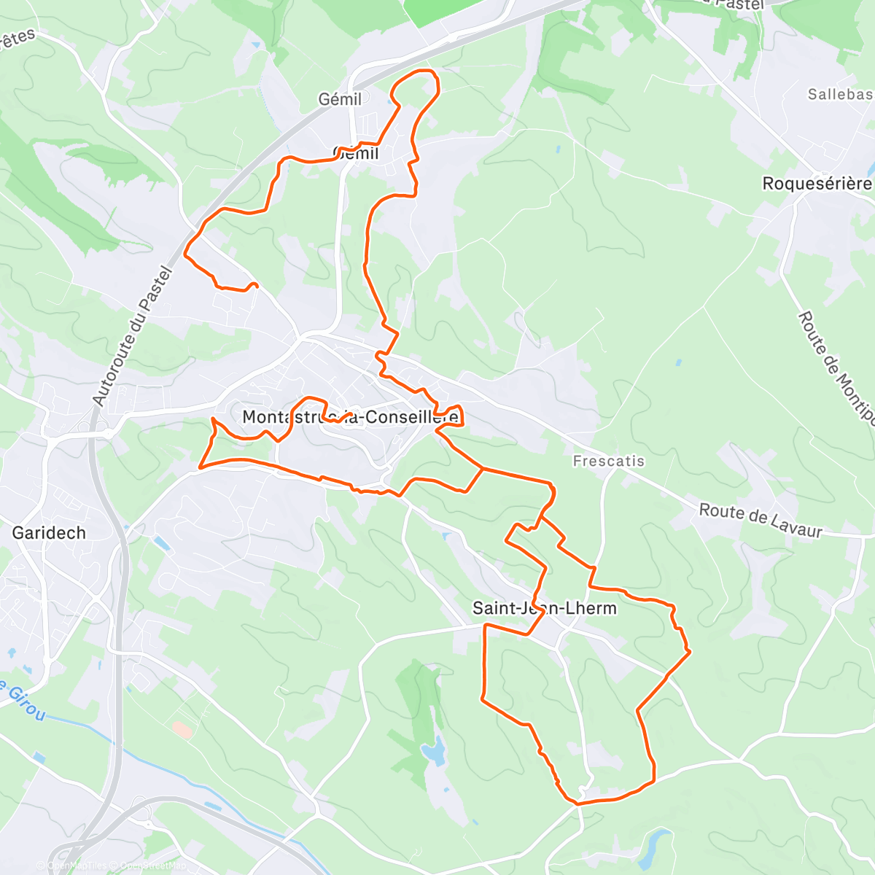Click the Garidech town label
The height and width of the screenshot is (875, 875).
click(49, 533)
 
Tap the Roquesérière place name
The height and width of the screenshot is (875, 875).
click(817, 184)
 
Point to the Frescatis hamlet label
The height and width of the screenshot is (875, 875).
click(608, 461)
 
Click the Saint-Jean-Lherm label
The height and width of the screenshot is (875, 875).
click(545, 608)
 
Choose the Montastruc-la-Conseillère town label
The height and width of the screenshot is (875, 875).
click(351, 417)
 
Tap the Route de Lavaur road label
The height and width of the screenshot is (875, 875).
click(761, 520)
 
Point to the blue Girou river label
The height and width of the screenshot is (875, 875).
click(22, 700)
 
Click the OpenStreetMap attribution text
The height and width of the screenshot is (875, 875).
click(153, 866)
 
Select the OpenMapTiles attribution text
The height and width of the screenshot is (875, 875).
click(77, 866)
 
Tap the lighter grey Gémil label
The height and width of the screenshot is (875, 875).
click(340, 99)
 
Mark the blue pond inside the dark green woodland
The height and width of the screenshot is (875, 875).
click(434, 752)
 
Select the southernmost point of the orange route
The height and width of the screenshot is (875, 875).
click(578, 804)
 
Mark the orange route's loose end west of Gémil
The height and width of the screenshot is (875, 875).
click(254, 284)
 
